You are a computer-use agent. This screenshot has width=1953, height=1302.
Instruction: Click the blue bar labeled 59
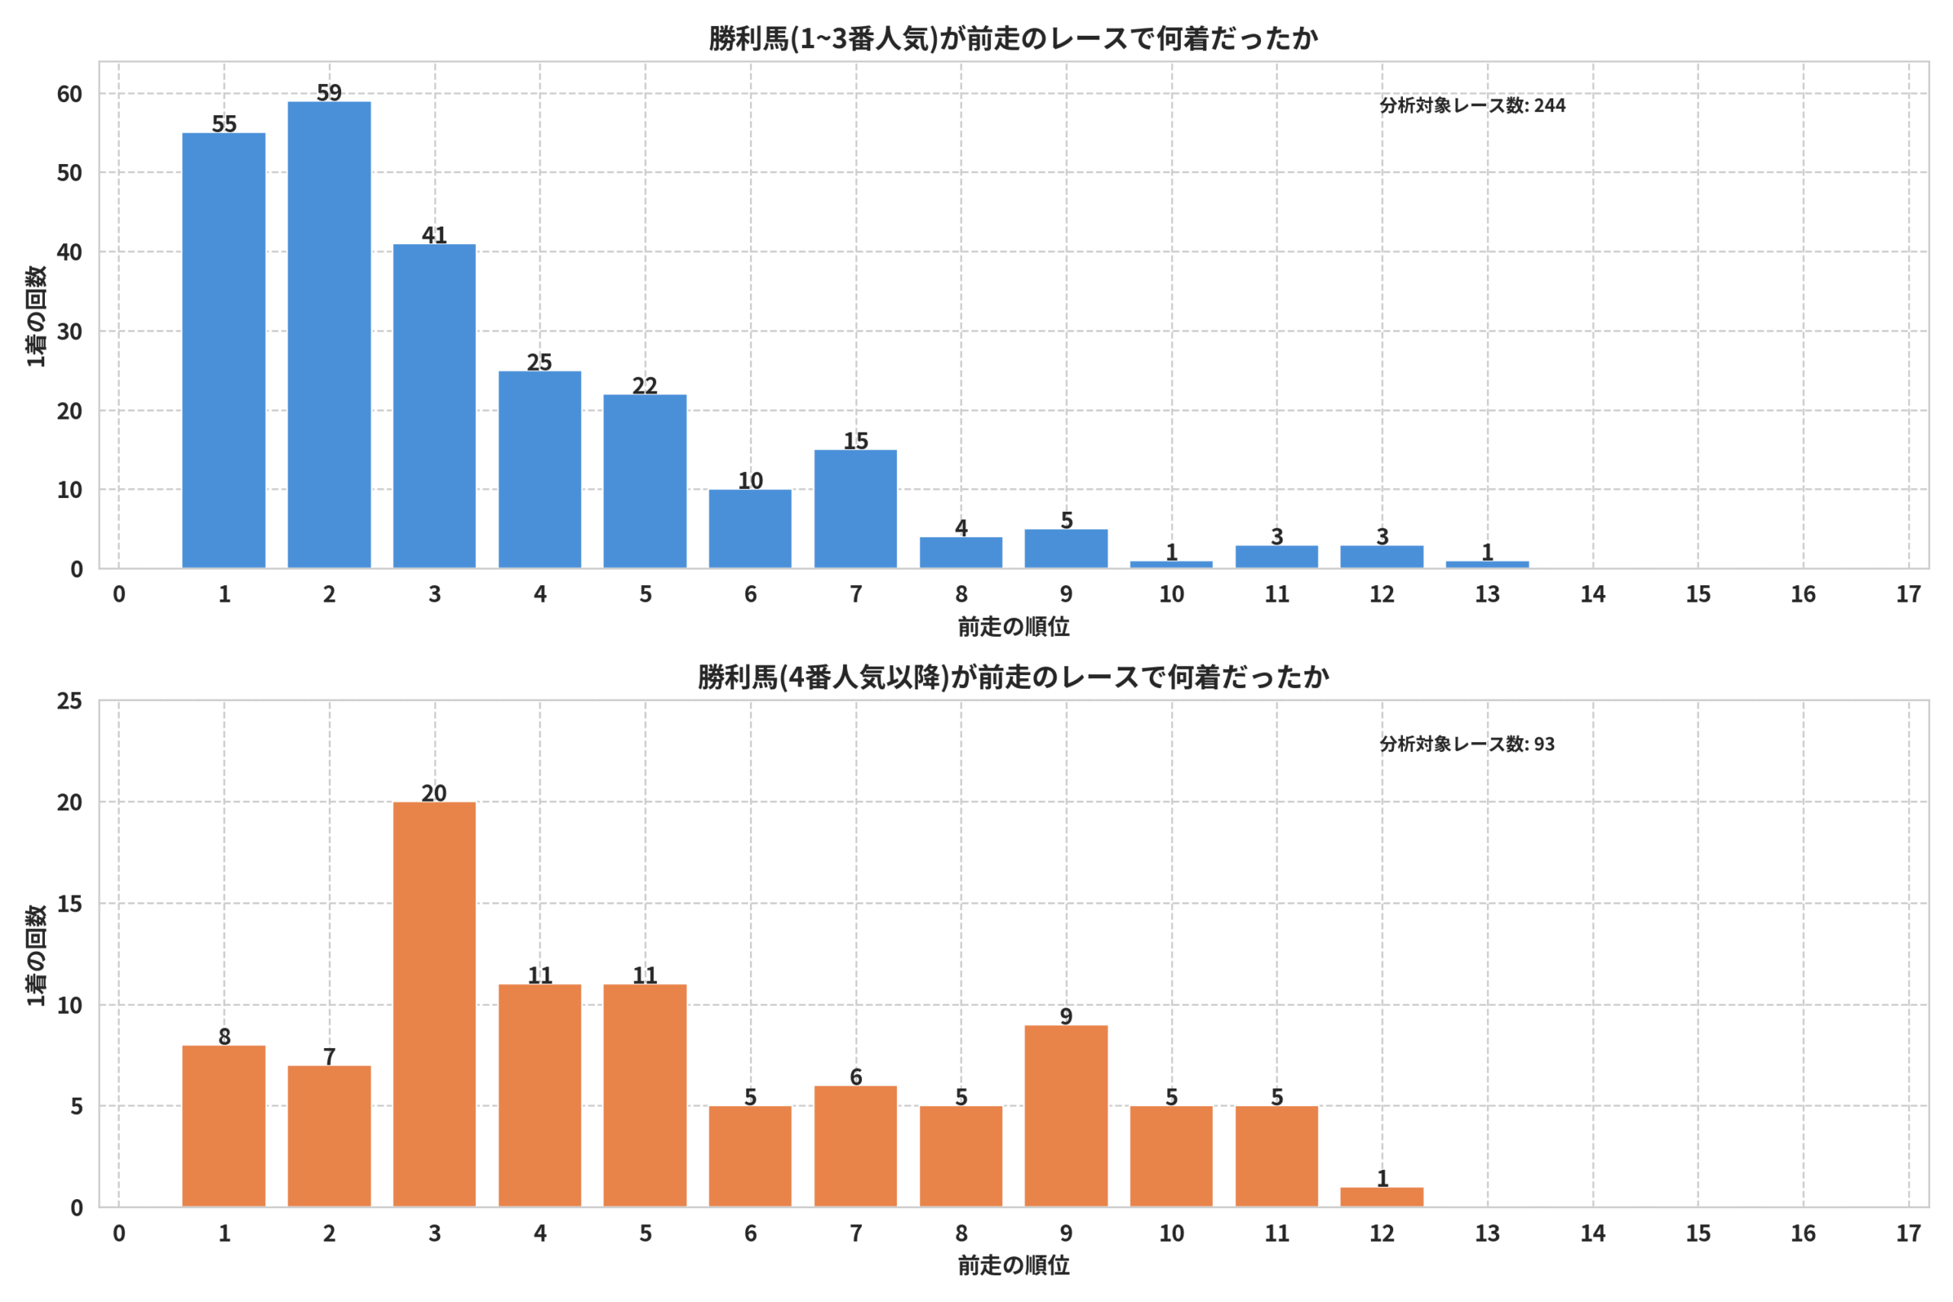click(x=329, y=335)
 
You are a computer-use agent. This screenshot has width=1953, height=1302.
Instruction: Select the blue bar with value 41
click(x=434, y=406)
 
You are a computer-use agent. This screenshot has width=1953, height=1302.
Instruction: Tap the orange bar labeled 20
click(x=434, y=1004)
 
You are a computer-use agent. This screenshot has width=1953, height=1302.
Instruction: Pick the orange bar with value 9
click(x=1067, y=1116)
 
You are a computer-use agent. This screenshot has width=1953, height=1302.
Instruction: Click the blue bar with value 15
click(x=855, y=509)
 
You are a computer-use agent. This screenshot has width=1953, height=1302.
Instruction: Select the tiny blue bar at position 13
click(x=1487, y=564)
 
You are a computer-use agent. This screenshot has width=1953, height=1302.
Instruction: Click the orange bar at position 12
click(x=1382, y=1198)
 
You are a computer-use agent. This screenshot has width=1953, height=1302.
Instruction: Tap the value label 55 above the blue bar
click(x=224, y=124)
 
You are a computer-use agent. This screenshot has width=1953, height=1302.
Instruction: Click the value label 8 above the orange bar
click(x=224, y=1037)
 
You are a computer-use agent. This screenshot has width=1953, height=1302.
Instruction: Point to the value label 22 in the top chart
click(x=645, y=385)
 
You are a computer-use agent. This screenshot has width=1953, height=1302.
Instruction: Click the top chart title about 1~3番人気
click(x=1013, y=38)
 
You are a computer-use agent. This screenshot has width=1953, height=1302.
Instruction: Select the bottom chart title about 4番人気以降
click(x=1013, y=677)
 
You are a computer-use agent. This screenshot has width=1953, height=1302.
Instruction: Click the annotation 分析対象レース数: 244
click(x=1472, y=105)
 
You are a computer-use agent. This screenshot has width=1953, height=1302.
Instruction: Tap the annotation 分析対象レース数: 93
click(x=1467, y=744)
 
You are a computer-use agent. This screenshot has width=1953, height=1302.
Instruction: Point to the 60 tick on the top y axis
click(x=69, y=94)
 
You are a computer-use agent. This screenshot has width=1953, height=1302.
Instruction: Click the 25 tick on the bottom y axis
click(x=69, y=701)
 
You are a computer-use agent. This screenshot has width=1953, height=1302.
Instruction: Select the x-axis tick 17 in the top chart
click(x=1908, y=593)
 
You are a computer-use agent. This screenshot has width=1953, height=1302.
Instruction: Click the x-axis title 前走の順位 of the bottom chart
click(x=1013, y=1265)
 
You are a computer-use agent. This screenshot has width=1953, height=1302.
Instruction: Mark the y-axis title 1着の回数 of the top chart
click(x=36, y=316)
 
